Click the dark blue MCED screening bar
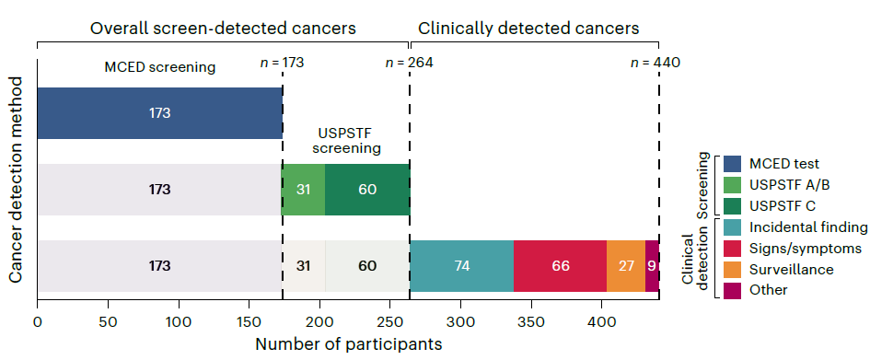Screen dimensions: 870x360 point(160,113)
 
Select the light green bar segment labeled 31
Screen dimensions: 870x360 point(303,190)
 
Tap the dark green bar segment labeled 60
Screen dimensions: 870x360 point(367,190)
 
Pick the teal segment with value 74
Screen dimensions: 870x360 point(461,266)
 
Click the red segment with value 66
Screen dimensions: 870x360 point(561,266)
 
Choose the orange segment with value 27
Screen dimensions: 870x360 point(626,266)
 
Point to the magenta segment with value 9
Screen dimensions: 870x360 point(652,266)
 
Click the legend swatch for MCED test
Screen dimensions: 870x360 point(733,164)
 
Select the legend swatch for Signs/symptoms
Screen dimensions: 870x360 point(733,248)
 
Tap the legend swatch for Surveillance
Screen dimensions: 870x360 point(733,269)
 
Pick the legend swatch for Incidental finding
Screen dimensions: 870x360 point(733,226)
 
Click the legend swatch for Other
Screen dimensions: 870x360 point(733,290)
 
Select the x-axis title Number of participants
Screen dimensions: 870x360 point(348,344)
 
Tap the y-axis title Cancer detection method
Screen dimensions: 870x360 point(17,180)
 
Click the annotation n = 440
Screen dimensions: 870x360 point(655,63)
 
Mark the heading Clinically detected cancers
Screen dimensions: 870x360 point(528,28)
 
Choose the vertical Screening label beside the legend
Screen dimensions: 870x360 point(703,185)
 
